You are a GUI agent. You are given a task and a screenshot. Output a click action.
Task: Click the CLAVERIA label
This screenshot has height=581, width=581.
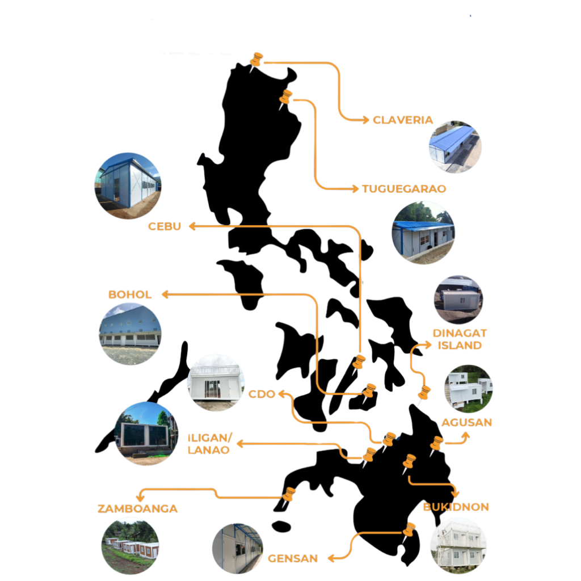pyautogui.click(x=402, y=120)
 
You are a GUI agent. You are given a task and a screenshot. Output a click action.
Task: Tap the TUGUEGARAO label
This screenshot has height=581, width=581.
pyautogui.click(x=404, y=189)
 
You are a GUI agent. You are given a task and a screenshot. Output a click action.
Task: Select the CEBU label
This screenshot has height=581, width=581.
pyautogui.click(x=165, y=226)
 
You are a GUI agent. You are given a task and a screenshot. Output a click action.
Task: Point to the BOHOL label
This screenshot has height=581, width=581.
pyautogui.click(x=130, y=295)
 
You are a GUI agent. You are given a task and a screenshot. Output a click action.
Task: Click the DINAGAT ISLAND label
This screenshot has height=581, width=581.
pyautogui.click(x=460, y=339)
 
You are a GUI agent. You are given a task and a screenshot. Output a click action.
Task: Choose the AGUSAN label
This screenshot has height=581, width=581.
pyautogui.click(x=466, y=422)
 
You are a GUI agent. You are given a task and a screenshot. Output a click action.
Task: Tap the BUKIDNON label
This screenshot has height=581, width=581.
pyautogui.click(x=456, y=507)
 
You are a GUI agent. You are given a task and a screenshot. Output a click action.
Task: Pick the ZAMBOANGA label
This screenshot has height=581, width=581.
pyautogui.click(x=138, y=508)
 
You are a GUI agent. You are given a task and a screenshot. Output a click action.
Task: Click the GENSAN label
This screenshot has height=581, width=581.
pyautogui.click(x=293, y=558)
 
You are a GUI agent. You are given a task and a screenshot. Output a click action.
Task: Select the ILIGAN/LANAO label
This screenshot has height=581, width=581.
pyautogui.click(x=209, y=444)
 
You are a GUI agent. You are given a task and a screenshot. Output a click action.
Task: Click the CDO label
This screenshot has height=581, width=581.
pyautogui.click(x=262, y=394)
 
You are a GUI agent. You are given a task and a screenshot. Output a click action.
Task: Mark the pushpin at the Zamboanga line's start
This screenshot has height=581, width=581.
pyautogui.click(x=289, y=496)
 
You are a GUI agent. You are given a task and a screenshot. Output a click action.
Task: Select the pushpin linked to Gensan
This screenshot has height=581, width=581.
pyautogui.click(x=409, y=532)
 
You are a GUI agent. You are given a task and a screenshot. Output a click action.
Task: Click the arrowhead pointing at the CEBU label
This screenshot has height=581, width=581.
pyautogui.click(x=192, y=226)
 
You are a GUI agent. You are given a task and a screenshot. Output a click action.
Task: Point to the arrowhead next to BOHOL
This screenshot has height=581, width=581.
pyautogui.click(x=165, y=294)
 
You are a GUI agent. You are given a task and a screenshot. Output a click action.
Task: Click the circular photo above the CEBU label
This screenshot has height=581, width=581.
pyautogui.click(x=128, y=186)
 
